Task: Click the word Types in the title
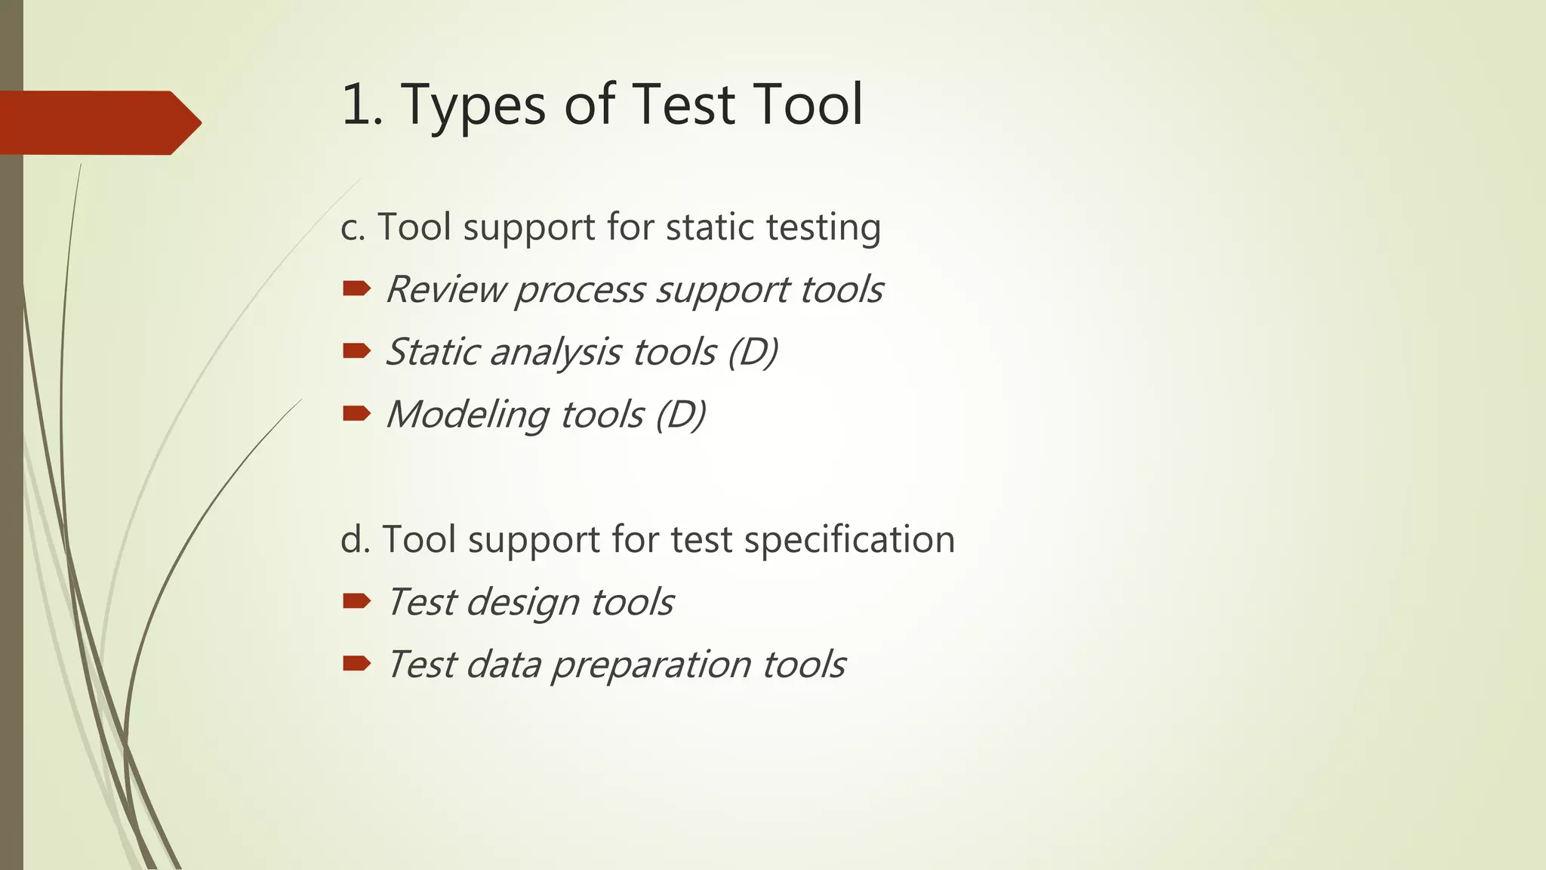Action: pyautogui.click(x=472, y=106)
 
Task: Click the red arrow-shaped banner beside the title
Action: pyautogui.click(x=98, y=122)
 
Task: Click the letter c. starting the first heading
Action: pyautogui.click(x=353, y=228)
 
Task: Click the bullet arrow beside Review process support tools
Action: pyautogui.click(x=356, y=288)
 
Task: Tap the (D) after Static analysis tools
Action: pyautogui.click(x=753, y=352)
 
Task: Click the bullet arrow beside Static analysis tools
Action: pyautogui.click(x=356, y=350)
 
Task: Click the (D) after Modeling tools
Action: pyautogui.click(x=680, y=415)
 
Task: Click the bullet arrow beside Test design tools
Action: pyautogui.click(x=356, y=601)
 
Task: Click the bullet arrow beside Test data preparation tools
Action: pyautogui.click(x=356, y=664)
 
